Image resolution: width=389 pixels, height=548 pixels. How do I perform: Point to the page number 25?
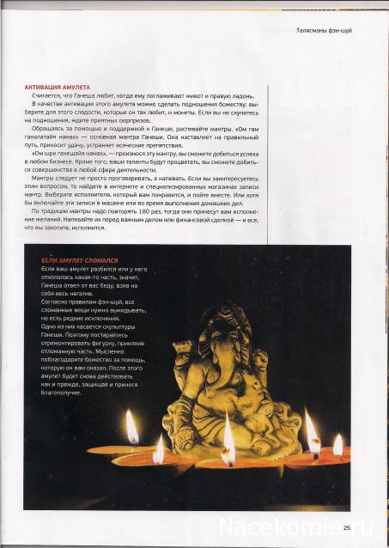[347, 527]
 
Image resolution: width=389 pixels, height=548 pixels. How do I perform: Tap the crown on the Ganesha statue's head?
[222, 318]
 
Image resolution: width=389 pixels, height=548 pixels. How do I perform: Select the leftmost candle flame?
[131, 426]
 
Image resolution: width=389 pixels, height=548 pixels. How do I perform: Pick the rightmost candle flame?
[337, 444]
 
